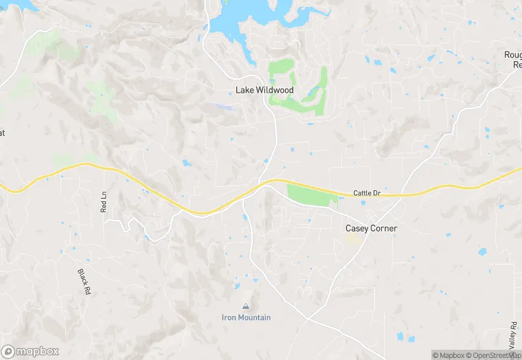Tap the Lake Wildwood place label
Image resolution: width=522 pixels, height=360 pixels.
point(264,90)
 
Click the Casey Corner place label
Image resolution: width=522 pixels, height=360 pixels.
point(371,228)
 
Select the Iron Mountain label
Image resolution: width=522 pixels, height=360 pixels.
point(246,317)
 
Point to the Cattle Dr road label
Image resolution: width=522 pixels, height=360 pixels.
point(367,194)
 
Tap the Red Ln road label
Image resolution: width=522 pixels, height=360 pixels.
point(104,201)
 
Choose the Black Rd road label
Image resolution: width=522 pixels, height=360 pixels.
point(84,281)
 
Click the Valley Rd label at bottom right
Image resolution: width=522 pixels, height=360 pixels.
point(513,335)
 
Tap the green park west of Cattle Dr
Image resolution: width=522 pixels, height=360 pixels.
point(313,195)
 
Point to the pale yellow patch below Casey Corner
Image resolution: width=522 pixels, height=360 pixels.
point(353,240)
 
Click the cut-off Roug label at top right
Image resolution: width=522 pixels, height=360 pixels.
point(512,55)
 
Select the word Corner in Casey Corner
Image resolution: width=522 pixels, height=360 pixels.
point(384,228)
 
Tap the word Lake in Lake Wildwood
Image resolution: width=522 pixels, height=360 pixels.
point(245,90)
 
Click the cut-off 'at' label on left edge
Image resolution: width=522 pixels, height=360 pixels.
point(2,133)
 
